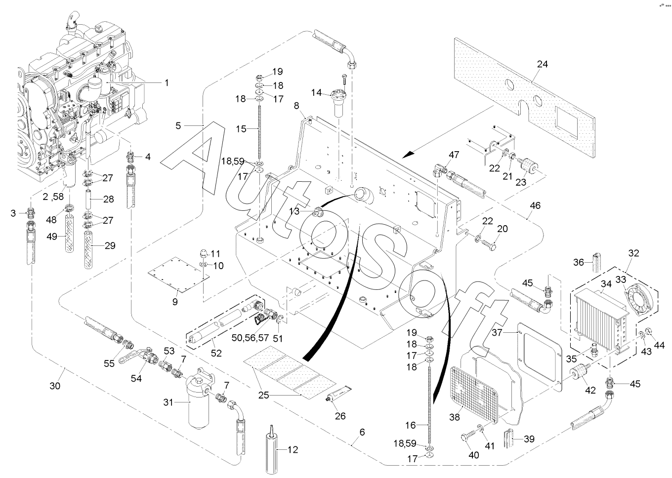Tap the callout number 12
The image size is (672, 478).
click(293, 450)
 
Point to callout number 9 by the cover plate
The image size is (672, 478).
click(174, 301)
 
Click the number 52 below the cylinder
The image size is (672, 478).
click(216, 353)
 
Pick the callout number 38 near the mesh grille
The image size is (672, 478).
click(454, 417)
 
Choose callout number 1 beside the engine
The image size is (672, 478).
click(167, 82)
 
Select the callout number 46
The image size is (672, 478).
click(535, 204)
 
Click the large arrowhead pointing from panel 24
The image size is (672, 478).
click(408, 155)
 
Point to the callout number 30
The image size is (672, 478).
click(55, 385)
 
